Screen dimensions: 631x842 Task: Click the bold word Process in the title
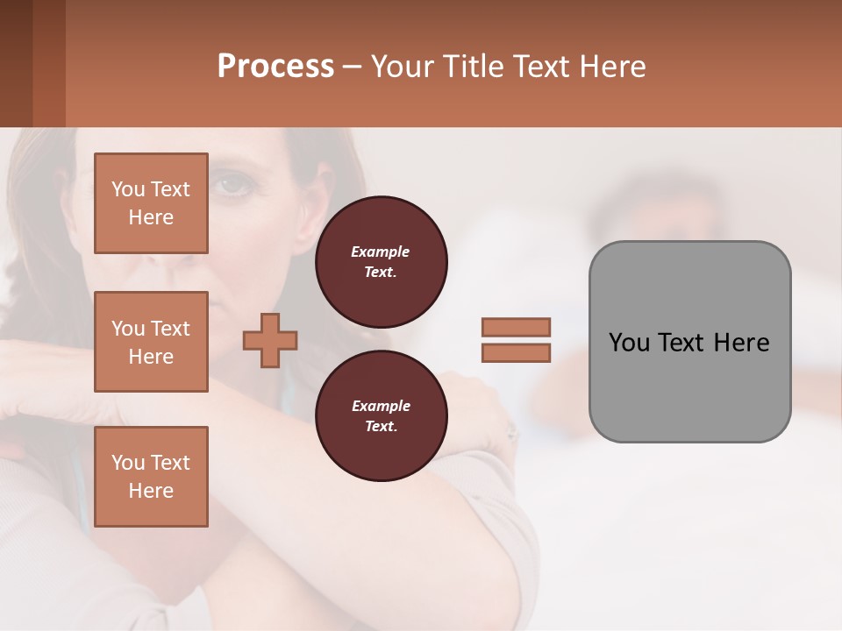pos(275,67)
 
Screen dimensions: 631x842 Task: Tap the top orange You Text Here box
pos(151,203)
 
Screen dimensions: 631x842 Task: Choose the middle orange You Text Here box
pos(151,342)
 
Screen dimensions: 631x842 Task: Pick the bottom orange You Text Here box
pos(151,476)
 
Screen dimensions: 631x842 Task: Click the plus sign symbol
pos(270,340)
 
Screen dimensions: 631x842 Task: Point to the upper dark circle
pos(381,261)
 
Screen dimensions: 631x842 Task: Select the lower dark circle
pos(381,415)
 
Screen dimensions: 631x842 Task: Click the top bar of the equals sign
pos(516,327)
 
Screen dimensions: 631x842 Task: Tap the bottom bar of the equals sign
pos(516,352)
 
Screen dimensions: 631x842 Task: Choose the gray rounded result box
pos(689,342)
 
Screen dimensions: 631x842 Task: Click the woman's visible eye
pos(232,185)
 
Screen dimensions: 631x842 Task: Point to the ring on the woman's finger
pos(511,431)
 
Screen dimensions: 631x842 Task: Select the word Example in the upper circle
pos(381,252)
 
